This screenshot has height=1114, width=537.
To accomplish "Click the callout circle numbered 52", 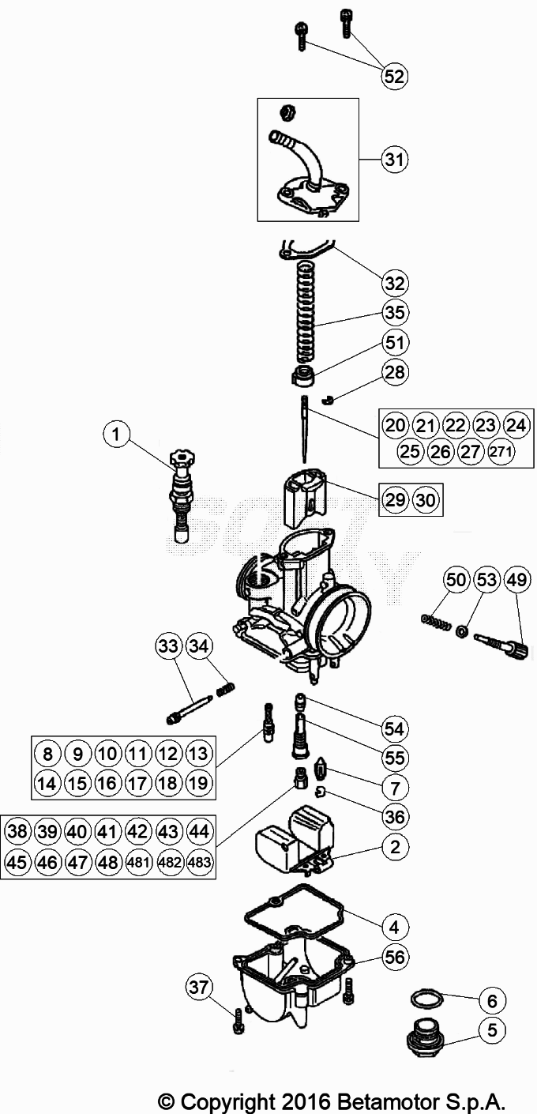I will (x=394, y=76).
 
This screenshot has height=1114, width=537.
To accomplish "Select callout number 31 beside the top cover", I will (x=394, y=160).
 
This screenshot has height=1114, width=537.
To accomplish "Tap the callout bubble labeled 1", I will (x=117, y=433).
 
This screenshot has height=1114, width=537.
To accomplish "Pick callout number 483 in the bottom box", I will (x=200, y=863).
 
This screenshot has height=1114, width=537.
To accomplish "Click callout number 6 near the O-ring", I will (x=492, y=1001).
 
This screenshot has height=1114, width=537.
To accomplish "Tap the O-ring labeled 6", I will (x=426, y=999).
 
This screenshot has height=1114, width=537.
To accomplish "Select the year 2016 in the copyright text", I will (x=304, y=1101).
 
